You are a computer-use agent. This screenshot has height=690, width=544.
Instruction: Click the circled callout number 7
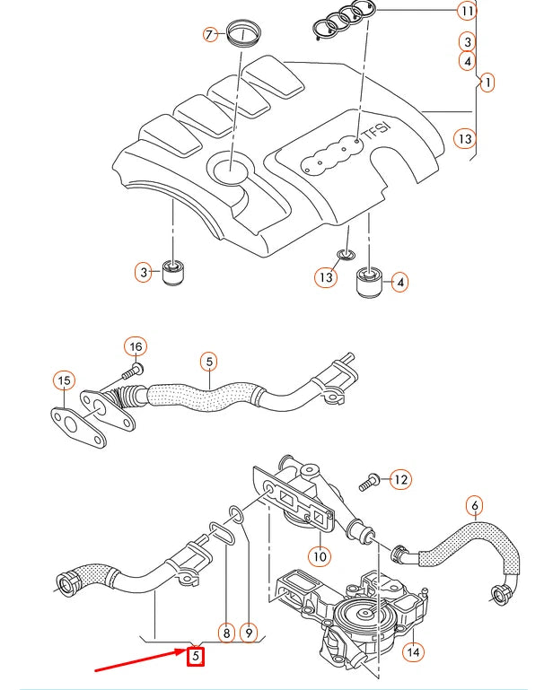[x=210, y=35]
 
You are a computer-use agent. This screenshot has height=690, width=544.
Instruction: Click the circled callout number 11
[x=465, y=12]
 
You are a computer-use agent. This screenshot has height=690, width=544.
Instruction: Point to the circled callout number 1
[x=486, y=83]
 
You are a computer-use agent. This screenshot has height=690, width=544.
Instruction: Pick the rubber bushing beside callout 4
[x=371, y=284]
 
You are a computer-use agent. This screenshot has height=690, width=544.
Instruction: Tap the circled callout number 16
[x=135, y=347]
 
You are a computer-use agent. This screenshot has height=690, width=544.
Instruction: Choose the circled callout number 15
[x=62, y=381]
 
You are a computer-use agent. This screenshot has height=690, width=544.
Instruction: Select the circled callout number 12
[x=400, y=480]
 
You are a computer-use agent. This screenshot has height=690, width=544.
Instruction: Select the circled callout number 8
[x=225, y=633]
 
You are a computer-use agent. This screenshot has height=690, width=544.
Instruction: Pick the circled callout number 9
[x=250, y=633]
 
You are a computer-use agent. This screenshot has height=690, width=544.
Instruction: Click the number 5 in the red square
[x=195, y=657]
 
